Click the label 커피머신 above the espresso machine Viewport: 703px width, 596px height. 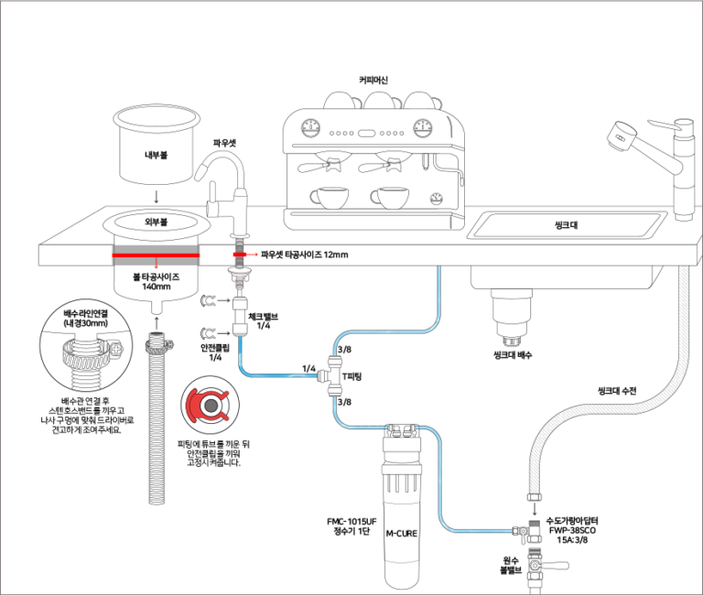(373, 81)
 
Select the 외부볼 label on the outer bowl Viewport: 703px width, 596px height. (156, 222)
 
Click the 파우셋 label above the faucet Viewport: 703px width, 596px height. (225, 144)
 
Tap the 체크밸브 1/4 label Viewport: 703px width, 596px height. (264, 321)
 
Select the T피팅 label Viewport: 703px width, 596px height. (352, 375)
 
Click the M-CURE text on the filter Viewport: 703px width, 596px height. (403, 532)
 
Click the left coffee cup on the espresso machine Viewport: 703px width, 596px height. (327, 196)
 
